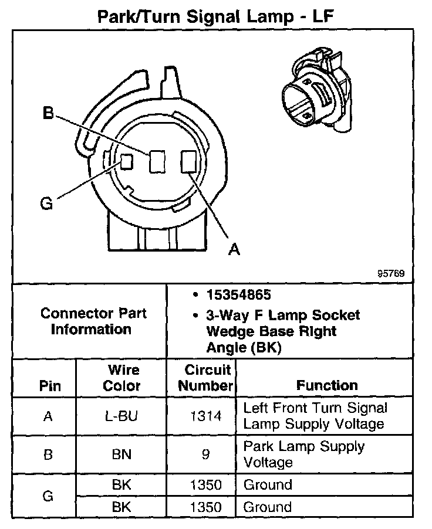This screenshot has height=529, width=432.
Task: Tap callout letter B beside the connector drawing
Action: pos(48,113)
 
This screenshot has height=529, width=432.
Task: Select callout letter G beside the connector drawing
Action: pos(46,204)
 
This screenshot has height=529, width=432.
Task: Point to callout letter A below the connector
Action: pos(234,250)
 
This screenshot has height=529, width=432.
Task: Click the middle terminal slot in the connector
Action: pos(156,161)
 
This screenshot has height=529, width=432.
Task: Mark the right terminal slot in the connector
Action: pos(188,161)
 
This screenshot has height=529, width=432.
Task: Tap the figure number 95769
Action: pos(391,274)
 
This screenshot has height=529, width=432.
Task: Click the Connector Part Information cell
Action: pos(93,321)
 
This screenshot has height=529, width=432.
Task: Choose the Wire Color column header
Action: pos(122,378)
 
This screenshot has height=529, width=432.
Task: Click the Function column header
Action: pos(327,385)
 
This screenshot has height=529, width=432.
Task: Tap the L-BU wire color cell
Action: pos(122,416)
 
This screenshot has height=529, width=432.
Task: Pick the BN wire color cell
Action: pos(122,454)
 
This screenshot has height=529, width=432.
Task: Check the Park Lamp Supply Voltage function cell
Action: pos(303,454)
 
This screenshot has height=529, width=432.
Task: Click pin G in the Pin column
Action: pos(48,496)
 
